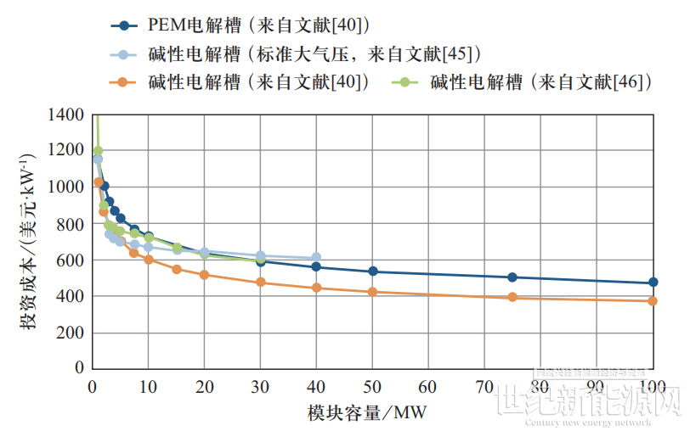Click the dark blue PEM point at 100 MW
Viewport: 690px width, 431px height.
click(653, 283)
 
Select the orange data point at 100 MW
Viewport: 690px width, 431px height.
click(653, 301)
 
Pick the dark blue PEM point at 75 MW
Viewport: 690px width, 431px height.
click(512, 277)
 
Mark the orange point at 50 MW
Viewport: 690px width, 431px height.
click(372, 292)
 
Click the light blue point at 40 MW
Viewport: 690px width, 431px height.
click(316, 257)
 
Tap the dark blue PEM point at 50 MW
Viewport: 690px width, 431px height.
click(372, 271)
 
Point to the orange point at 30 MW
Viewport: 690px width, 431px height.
click(260, 282)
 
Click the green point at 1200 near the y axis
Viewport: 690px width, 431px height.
click(98, 151)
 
